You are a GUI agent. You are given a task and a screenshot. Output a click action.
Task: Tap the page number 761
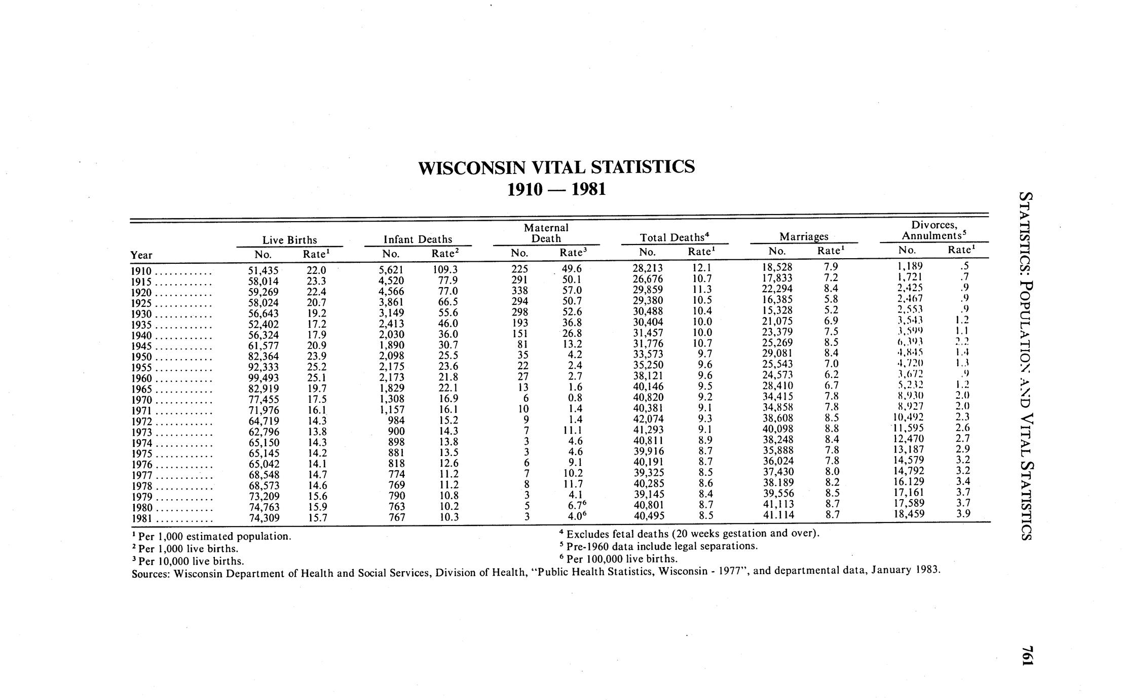(1027, 659)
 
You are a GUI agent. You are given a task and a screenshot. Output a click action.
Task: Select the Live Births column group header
(289, 239)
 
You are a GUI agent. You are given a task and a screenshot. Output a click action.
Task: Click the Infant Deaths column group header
(418, 239)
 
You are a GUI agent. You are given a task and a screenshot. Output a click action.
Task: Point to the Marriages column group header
(804, 236)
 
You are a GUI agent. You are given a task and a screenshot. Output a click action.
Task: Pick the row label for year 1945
(142, 346)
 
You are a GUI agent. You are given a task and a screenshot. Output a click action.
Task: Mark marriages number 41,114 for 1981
(779, 515)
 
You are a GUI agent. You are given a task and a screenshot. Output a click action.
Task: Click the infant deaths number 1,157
(391, 410)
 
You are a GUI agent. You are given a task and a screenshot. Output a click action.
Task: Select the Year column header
(141, 255)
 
